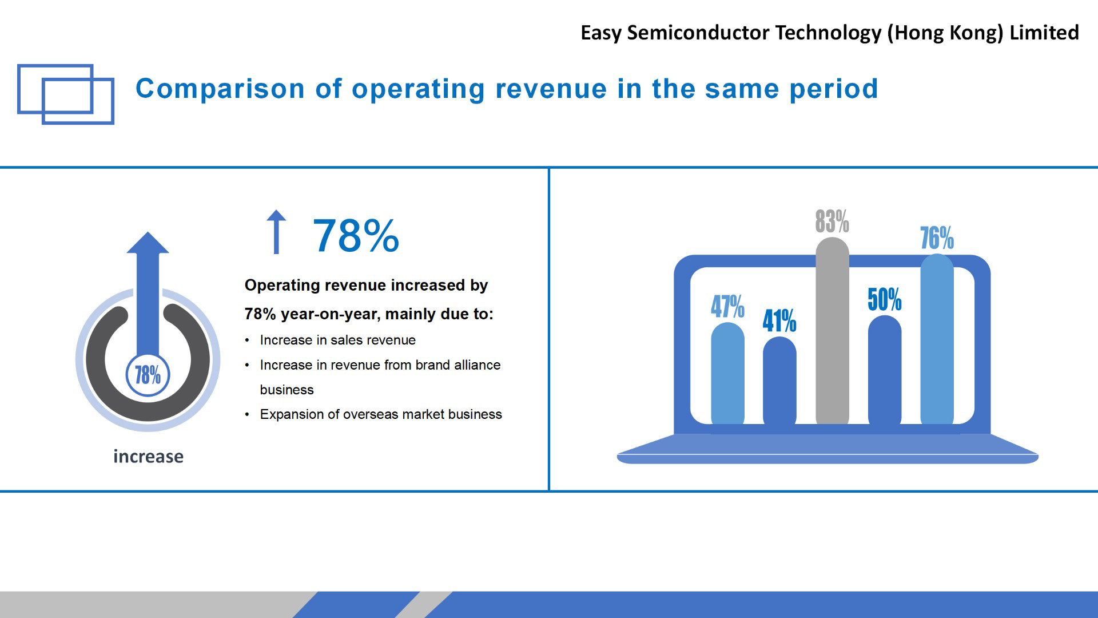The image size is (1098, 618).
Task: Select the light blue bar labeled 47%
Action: coord(727,375)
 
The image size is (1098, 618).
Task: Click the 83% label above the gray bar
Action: coord(832,221)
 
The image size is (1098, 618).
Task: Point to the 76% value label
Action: coord(937,238)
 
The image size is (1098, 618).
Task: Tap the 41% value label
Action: coord(779,320)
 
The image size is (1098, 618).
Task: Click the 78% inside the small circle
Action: coord(148,375)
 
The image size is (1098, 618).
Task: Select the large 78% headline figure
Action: coord(356,235)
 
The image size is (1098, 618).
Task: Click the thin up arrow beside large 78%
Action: coord(276,231)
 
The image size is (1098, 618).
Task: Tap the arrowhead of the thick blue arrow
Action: coord(148,243)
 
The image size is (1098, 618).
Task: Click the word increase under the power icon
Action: coord(148,457)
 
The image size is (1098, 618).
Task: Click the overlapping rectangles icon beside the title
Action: coord(66,94)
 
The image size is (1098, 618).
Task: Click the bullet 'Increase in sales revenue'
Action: coord(337,340)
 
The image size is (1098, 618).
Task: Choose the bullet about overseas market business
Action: coord(381,414)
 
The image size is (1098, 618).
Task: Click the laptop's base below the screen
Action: coord(828,449)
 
